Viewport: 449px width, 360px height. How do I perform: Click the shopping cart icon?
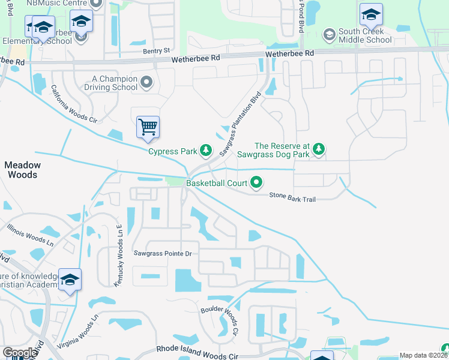pyautogui.click(x=148, y=127)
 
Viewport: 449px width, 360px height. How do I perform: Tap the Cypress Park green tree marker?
pyautogui.click(x=206, y=149)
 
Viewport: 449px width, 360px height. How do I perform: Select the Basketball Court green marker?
pyautogui.click(x=256, y=181)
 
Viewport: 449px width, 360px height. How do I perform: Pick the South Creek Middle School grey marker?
pyautogui.click(x=328, y=35)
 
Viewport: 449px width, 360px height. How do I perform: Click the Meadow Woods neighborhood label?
pyautogui.click(x=23, y=170)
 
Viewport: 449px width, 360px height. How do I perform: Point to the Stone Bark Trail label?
pyautogui.click(x=292, y=196)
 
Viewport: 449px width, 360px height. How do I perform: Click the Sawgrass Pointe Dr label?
pyautogui.click(x=162, y=254)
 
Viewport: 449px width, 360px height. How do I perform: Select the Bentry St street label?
pyautogui.click(x=157, y=52)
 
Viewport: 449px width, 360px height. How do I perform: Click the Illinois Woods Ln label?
pyautogui.click(x=30, y=235)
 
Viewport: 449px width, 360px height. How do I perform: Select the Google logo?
pyautogui.click(x=20, y=353)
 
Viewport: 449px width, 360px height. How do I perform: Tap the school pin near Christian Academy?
pyautogui.click(x=70, y=280)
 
